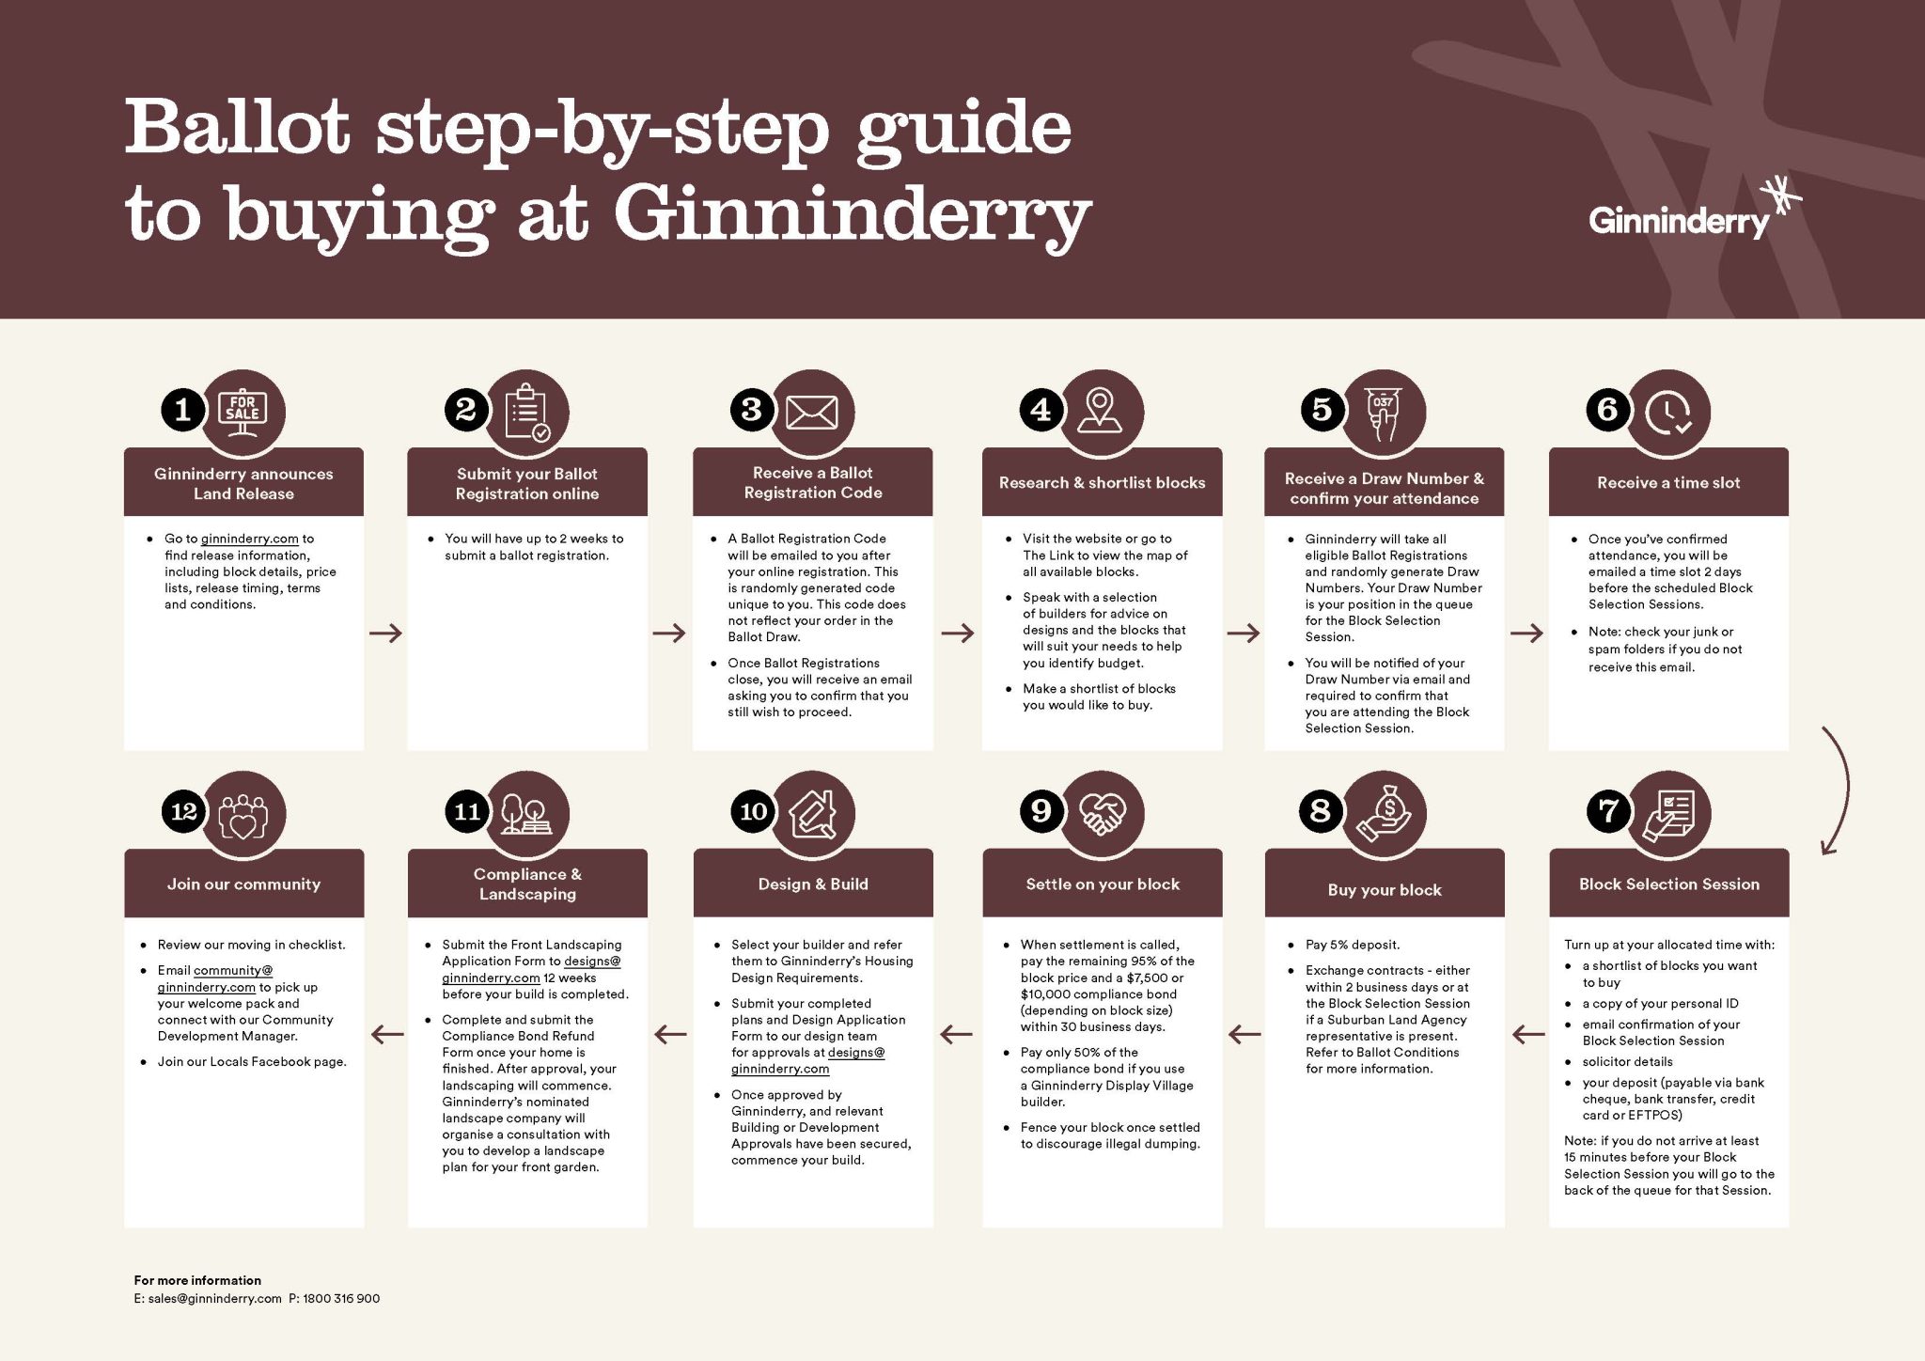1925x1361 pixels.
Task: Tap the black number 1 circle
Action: click(x=183, y=410)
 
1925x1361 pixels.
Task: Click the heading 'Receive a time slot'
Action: click(x=1668, y=483)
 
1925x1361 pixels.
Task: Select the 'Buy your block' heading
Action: click(x=1385, y=890)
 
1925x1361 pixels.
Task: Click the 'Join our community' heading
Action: click(x=243, y=884)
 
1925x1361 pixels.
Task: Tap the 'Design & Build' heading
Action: click(x=813, y=884)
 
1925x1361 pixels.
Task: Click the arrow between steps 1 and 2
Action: click(x=385, y=633)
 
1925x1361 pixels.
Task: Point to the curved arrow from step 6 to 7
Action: click(x=1844, y=790)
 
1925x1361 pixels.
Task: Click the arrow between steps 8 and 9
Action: click(x=1244, y=1035)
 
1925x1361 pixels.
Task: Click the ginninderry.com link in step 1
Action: click(x=249, y=539)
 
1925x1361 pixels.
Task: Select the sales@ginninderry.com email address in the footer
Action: click(x=214, y=1299)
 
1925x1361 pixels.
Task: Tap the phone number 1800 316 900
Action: click(x=341, y=1299)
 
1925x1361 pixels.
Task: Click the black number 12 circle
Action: click(x=183, y=811)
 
